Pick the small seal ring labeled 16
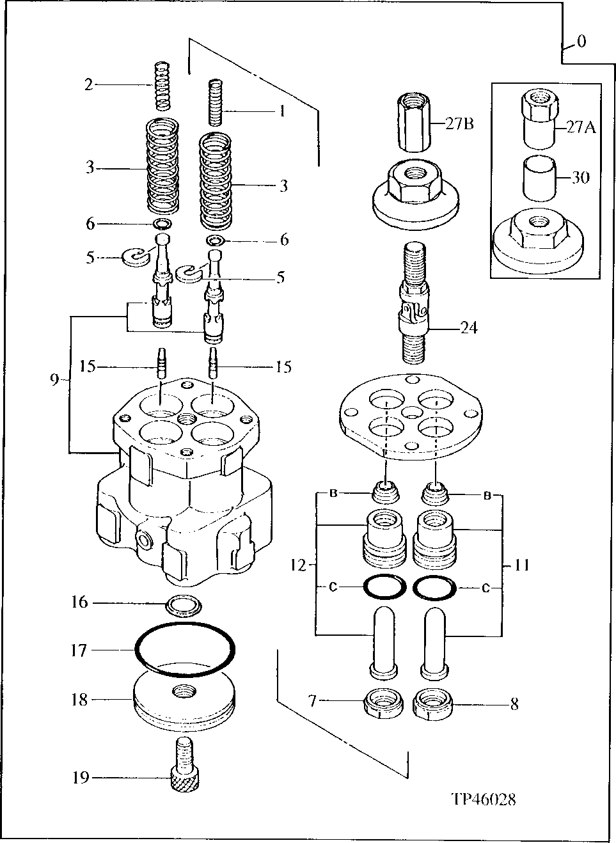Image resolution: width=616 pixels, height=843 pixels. click(183, 603)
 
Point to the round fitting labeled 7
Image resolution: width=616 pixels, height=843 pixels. click(383, 704)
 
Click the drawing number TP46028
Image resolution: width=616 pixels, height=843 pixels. click(483, 799)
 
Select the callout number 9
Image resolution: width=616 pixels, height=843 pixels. click(54, 380)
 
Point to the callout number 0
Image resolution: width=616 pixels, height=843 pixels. click(581, 42)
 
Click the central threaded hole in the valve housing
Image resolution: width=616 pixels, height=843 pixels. click(187, 418)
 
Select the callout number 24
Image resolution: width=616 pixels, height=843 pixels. click(470, 328)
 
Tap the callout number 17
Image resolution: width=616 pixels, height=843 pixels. click(79, 650)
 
